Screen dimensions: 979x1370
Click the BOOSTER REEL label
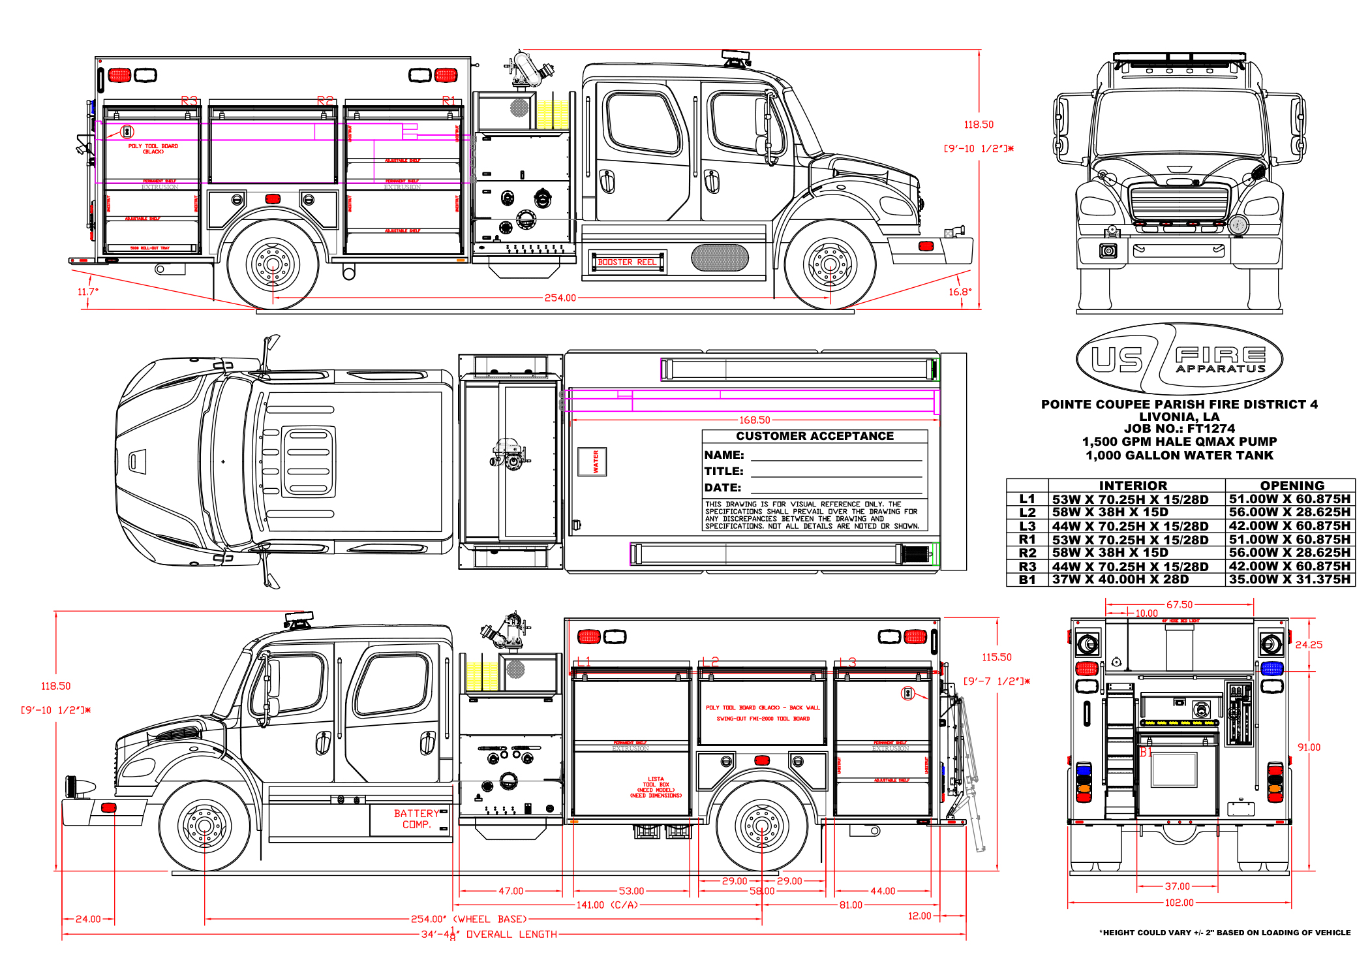pos(627,262)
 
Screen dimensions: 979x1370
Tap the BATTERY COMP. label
pos(416,819)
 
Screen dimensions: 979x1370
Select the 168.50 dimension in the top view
pos(754,420)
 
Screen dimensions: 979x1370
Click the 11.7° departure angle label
pos(87,292)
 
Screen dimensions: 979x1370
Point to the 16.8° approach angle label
pos(960,292)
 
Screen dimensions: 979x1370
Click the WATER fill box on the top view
pos(592,461)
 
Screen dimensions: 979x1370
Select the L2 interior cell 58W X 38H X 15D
pos(1110,512)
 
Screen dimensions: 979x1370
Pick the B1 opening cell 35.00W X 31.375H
pos(1289,580)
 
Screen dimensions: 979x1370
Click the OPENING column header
pos(1292,486)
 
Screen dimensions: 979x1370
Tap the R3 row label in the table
pos(1027,567)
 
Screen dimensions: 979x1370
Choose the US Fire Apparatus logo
pos(1179,359)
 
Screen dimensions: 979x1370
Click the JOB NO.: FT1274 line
pos(1179,429)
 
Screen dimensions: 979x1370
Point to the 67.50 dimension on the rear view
pos(1179,605)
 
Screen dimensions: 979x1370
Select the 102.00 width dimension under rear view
pos(1179,903)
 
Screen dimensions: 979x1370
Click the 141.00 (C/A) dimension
pos(607,905)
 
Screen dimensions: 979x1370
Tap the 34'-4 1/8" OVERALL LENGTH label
pos(489,935)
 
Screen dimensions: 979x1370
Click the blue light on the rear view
pos(1271,668)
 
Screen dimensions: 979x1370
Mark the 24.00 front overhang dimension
pos(88,920)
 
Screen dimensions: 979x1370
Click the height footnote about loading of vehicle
pos(1225,933)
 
